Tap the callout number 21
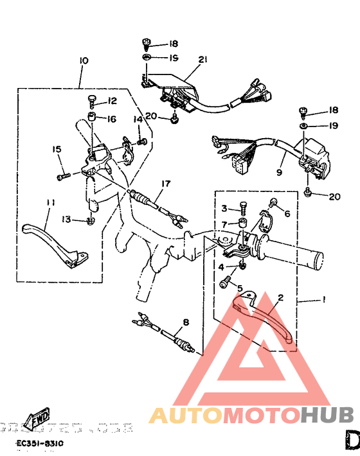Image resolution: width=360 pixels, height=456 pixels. (203, 60)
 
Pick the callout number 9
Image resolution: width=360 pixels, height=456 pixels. (280, 172)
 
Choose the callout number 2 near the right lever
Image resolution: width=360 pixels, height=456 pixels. (280, 298)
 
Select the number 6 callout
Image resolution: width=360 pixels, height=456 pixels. (287, 214)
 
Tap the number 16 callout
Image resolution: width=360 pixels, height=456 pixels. (111, 119)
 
